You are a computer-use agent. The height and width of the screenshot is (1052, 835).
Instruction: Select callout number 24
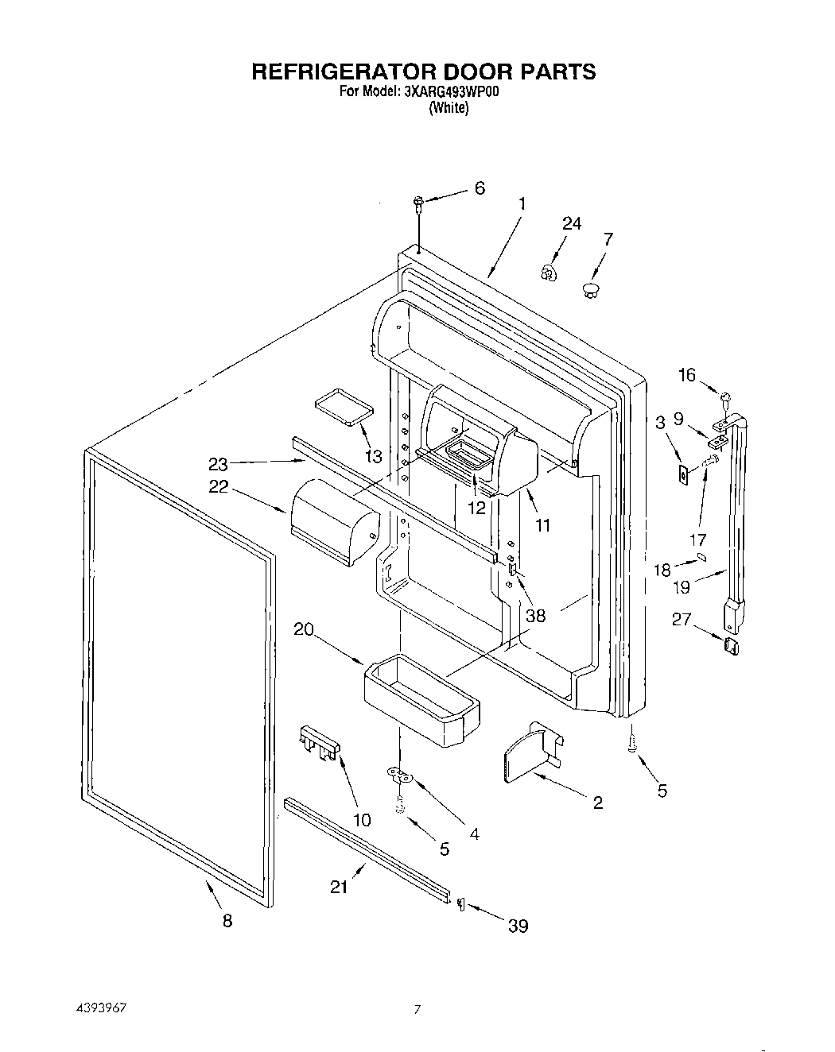pos(571,224)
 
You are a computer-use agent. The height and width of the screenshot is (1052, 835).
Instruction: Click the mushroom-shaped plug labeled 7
pos(591,288)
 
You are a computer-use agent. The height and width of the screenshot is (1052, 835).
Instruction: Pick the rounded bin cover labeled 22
pos(334,520)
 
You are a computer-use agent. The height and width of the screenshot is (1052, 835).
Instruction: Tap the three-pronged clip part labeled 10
pos(320,741)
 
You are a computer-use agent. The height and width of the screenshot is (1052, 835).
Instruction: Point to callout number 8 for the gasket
pos(227,921)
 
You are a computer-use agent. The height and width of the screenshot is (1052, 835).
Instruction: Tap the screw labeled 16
pos(724,398)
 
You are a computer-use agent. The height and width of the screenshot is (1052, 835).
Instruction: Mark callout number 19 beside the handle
pos(682,586)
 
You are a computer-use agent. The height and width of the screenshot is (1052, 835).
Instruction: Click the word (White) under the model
pos(449,108)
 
